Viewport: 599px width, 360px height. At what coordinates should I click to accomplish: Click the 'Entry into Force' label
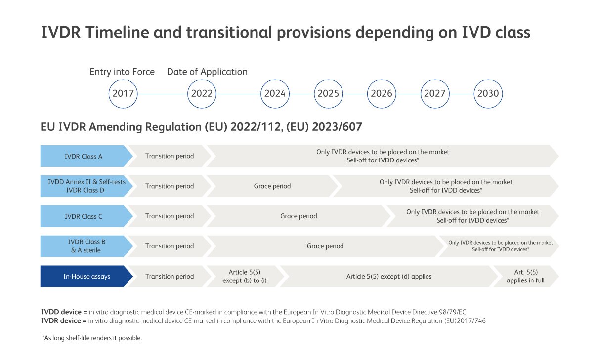pyautogui.click(x=122, y=72)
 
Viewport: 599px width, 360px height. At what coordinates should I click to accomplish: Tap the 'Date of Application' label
pyautogui.click(x=207, y=72)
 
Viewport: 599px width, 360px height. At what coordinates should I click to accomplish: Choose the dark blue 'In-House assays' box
pyautogui.click(x=86, y=277)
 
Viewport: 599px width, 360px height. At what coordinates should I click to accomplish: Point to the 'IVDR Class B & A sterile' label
pyautogui.click(x=86, y=246)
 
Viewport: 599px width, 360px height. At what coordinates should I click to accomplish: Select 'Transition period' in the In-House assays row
pyautogui.click(x=170, y=277)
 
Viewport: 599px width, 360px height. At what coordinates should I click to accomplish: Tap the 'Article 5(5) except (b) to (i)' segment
pyautogui.click(x=245, y=277)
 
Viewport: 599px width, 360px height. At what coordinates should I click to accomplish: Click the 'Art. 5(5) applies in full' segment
pyautogui.click(x=526, y=277)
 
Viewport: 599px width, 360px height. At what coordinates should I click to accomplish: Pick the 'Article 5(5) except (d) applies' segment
pyautogui.click(x=389, y=277)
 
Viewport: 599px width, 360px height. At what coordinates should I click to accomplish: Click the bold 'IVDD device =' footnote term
pyautogui.click(x=64, y=312)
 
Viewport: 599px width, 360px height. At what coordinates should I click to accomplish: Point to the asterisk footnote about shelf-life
pyautogui.click(x=92, y=338)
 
